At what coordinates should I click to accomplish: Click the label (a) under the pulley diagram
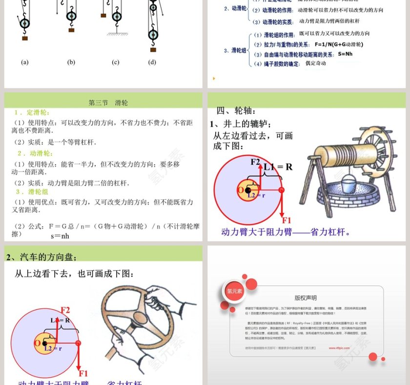point(25,62)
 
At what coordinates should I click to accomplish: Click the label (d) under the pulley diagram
point(152,62)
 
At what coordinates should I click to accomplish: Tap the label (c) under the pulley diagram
point(116,62)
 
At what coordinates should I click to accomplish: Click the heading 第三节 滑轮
point(108,103)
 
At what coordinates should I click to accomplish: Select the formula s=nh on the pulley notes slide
point(60,235)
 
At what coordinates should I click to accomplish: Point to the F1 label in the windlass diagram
point(287,220)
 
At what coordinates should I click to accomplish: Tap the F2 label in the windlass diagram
point(255,161)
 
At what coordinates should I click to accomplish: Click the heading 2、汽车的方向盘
point(41,257)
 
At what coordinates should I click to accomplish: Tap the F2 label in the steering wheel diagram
point(65,310)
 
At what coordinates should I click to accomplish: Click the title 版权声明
point(306,298)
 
